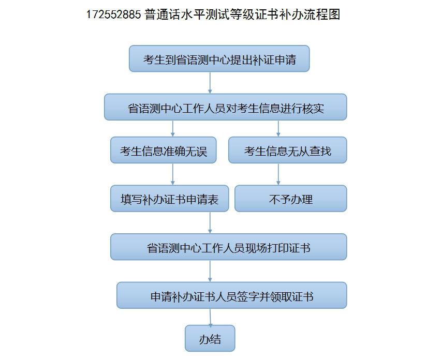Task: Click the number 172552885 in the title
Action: (113, 14)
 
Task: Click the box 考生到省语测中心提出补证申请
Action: (219, 58)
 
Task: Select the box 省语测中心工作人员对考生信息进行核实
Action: (226, 107)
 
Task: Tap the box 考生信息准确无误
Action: (163, 150)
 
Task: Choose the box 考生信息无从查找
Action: (288, 150)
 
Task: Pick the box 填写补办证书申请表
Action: (170, 199)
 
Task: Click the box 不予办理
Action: (291, 199)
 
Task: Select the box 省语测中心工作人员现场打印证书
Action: (228, 247)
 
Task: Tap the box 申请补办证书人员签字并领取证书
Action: (232, 295)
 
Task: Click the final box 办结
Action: (210, 338)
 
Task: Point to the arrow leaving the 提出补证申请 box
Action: (210, 83)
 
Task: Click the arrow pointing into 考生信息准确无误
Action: (172, 128)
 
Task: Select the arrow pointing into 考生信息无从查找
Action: (278, 128)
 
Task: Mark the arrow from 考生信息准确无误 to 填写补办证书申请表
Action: (172, 174)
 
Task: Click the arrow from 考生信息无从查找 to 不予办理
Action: (278, 174)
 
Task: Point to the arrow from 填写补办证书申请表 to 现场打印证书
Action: (210, 222)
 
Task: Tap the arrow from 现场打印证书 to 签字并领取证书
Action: (210, 271)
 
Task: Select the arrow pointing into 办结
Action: (210, 317)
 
